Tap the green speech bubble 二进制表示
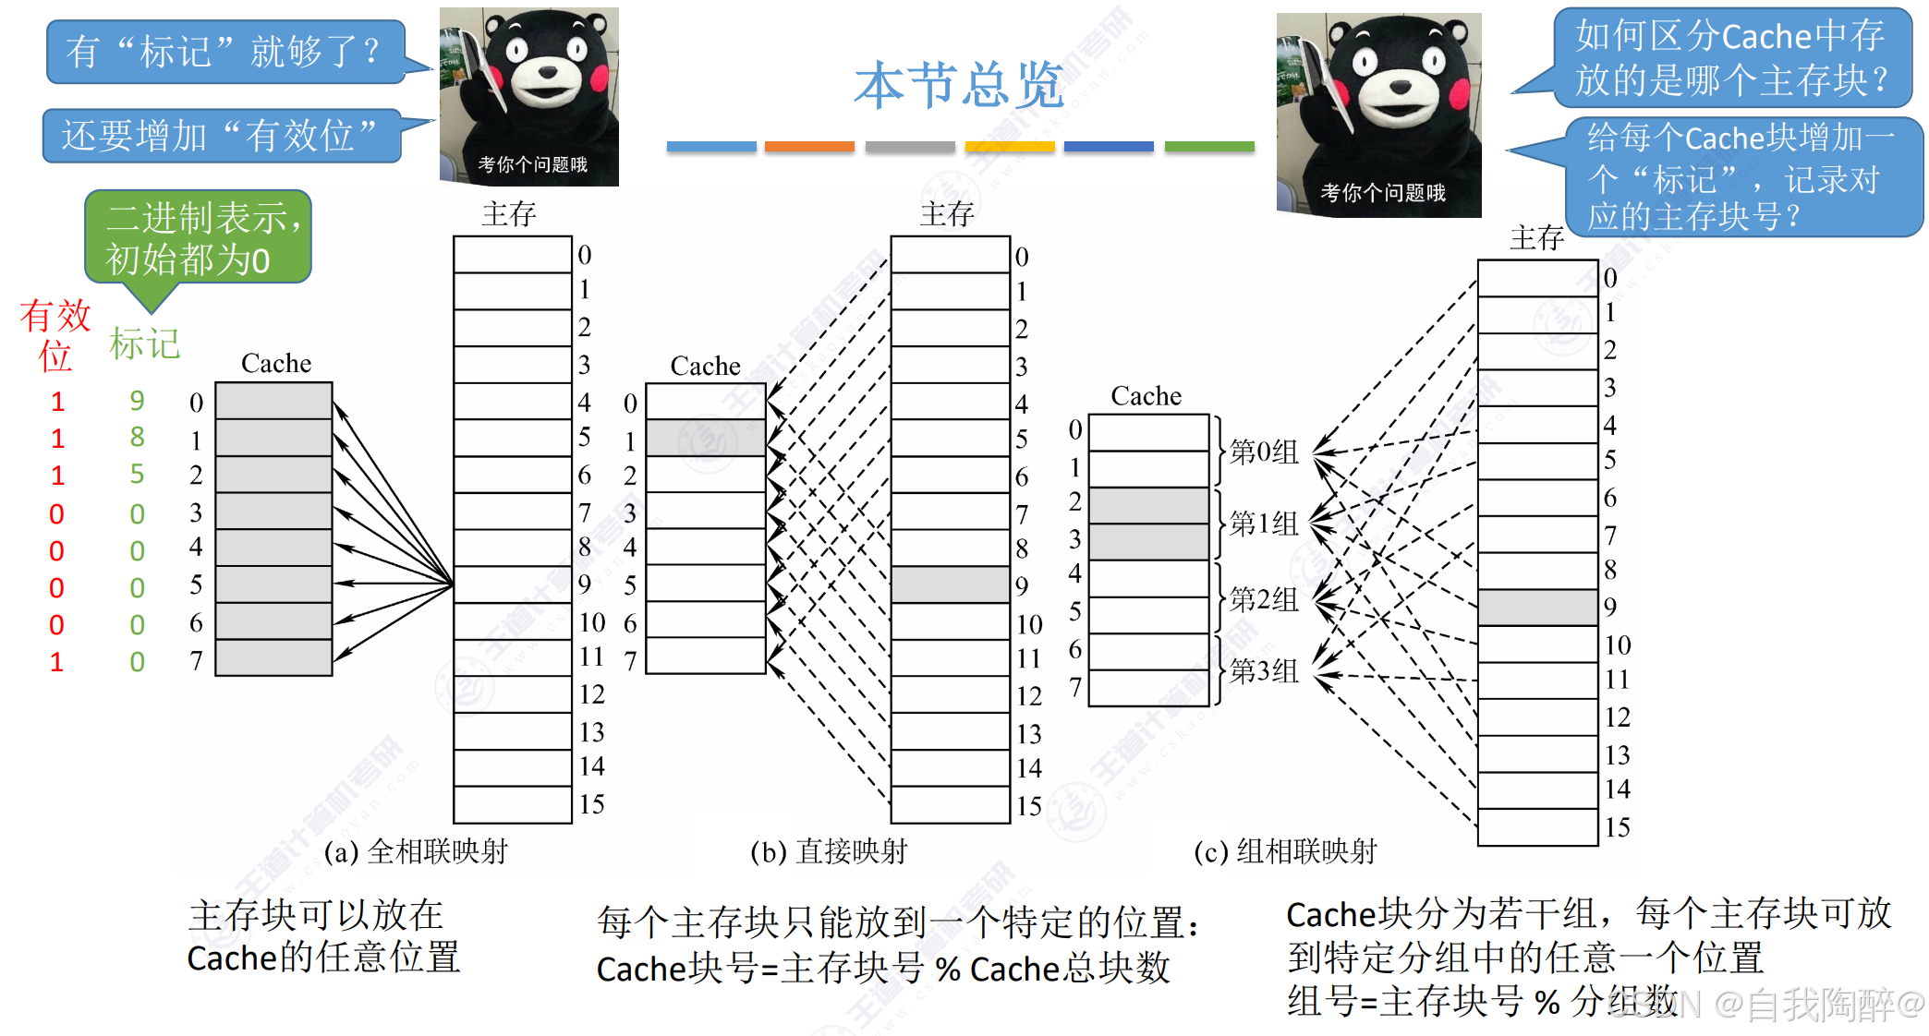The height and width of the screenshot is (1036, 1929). click(198, 238)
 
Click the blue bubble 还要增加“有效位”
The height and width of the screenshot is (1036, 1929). click(221, 136)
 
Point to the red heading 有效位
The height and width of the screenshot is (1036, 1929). click(55, 335)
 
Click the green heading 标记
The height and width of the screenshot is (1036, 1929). click(145, 344)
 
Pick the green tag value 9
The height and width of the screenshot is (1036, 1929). click(137, 401)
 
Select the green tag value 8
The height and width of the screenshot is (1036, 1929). click(137, 437)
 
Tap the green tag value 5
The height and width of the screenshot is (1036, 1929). click(137, 475)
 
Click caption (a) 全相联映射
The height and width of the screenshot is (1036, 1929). click(416, 851)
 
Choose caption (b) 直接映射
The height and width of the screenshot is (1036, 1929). click(829, 851)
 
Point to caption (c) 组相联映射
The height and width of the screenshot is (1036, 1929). click(1285, 851)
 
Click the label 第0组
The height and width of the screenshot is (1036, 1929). click(1264, 452)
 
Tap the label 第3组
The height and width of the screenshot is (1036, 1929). click(1264, 671)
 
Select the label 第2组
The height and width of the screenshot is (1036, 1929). click(1264, 599)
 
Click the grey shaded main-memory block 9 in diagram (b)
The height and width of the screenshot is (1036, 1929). click(950, 584)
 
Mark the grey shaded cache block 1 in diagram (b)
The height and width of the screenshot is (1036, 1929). click(706, 438)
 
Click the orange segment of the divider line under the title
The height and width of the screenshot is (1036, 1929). click(809, 147)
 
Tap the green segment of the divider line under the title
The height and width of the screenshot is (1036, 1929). click(1209, 147)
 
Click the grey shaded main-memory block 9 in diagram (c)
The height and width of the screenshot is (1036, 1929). click(1537, 607)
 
